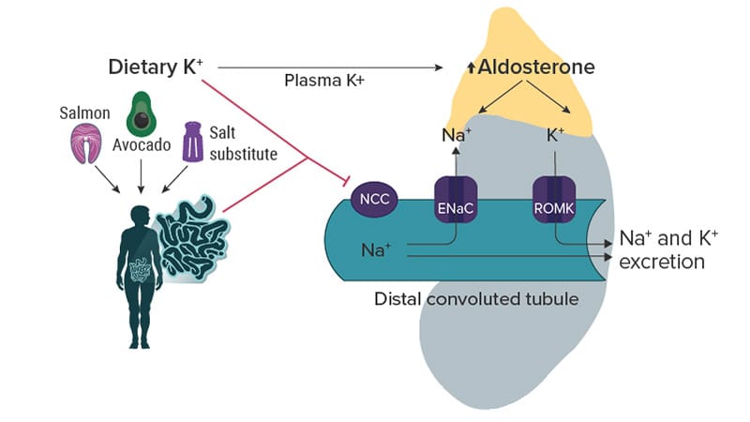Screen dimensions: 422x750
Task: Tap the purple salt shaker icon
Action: (193, 141)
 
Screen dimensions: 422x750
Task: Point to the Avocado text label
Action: (142, 146)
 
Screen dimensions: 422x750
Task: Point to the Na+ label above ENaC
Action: (456, 135)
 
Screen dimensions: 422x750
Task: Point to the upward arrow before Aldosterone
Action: (472, 68)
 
